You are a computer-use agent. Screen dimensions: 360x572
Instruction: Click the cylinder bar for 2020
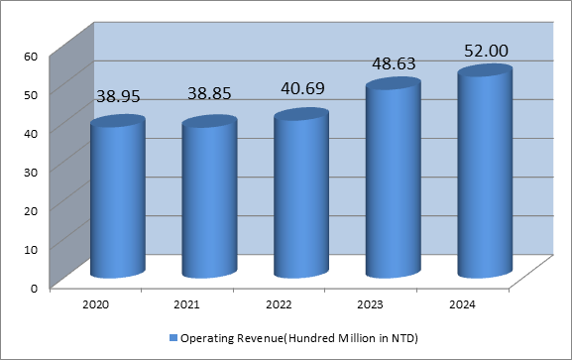coord(117,197)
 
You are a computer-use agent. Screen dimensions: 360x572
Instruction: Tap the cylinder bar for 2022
coord(300,194)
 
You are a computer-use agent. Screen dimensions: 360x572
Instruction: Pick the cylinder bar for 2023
coord(392,180)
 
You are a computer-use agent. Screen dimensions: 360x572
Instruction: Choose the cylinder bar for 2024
coord(484,173)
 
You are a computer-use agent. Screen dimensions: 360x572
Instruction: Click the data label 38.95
coord(121,97)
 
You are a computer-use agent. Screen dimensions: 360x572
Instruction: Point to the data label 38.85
coord(212,97)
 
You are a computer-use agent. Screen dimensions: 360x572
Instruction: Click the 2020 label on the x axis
coord(96,305)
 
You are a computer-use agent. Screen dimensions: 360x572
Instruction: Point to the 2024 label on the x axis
coord(463,305)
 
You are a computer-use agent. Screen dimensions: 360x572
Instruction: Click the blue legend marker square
coord(172,339)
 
